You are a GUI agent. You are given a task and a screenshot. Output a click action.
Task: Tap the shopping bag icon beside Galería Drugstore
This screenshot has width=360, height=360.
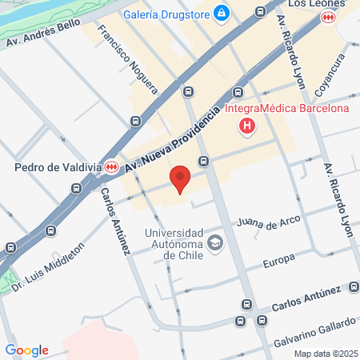coord(222,14)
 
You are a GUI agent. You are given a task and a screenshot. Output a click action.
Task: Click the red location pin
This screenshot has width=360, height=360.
coord(180,179)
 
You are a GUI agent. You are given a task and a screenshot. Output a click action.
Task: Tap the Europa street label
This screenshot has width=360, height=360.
coord(279,259)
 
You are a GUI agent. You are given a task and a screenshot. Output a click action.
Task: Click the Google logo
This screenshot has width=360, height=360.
coord(26,350)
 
